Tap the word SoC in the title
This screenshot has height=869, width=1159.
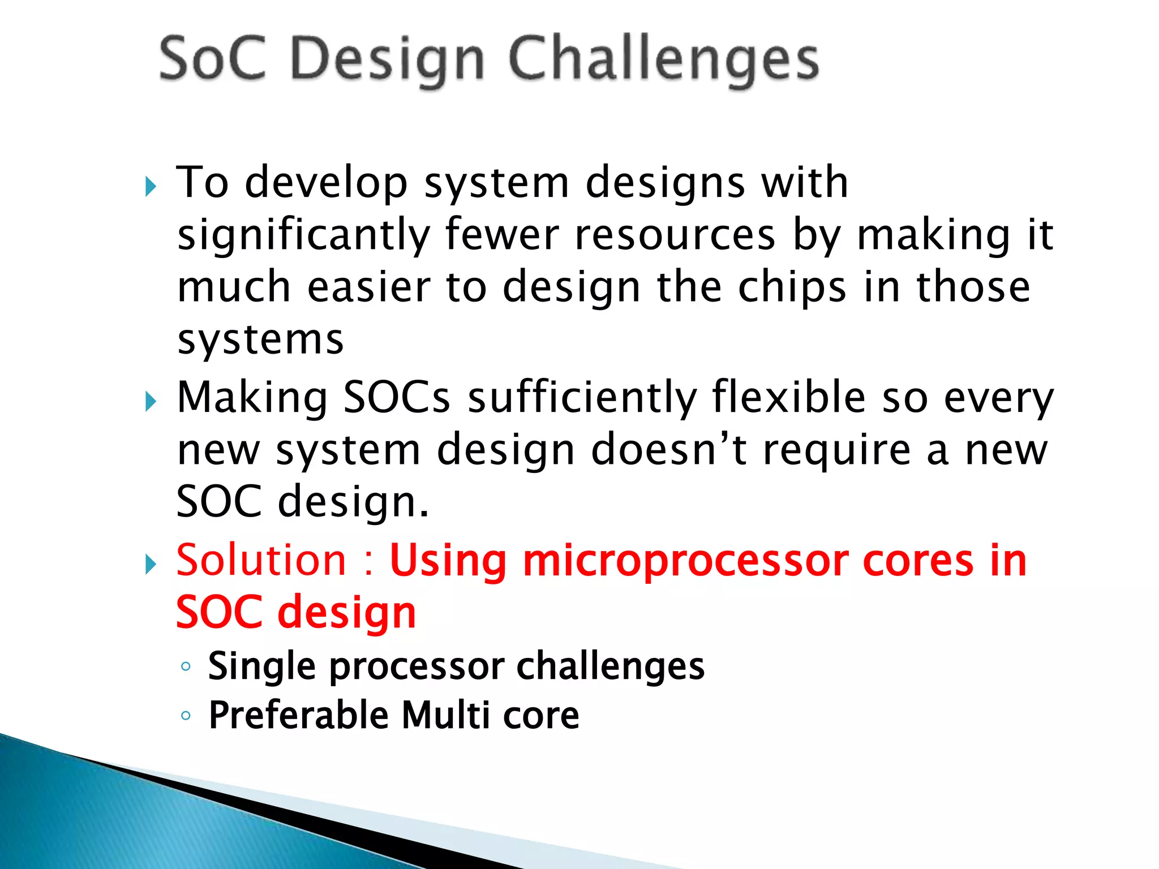point(212,59)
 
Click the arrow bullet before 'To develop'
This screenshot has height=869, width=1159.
point(150,186)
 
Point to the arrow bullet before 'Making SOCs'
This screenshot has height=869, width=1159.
point(150,402)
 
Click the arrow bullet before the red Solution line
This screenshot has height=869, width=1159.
point(150,564)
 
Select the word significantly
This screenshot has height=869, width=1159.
point(304,235)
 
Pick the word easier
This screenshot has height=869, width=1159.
point(368,287)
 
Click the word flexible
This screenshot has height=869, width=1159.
point(789,397)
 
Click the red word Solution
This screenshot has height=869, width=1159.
point(261,561)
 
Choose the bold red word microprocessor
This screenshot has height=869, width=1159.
point(685,562)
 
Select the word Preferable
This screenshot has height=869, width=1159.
point(298,715)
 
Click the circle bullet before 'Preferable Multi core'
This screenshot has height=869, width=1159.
point(186,716)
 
